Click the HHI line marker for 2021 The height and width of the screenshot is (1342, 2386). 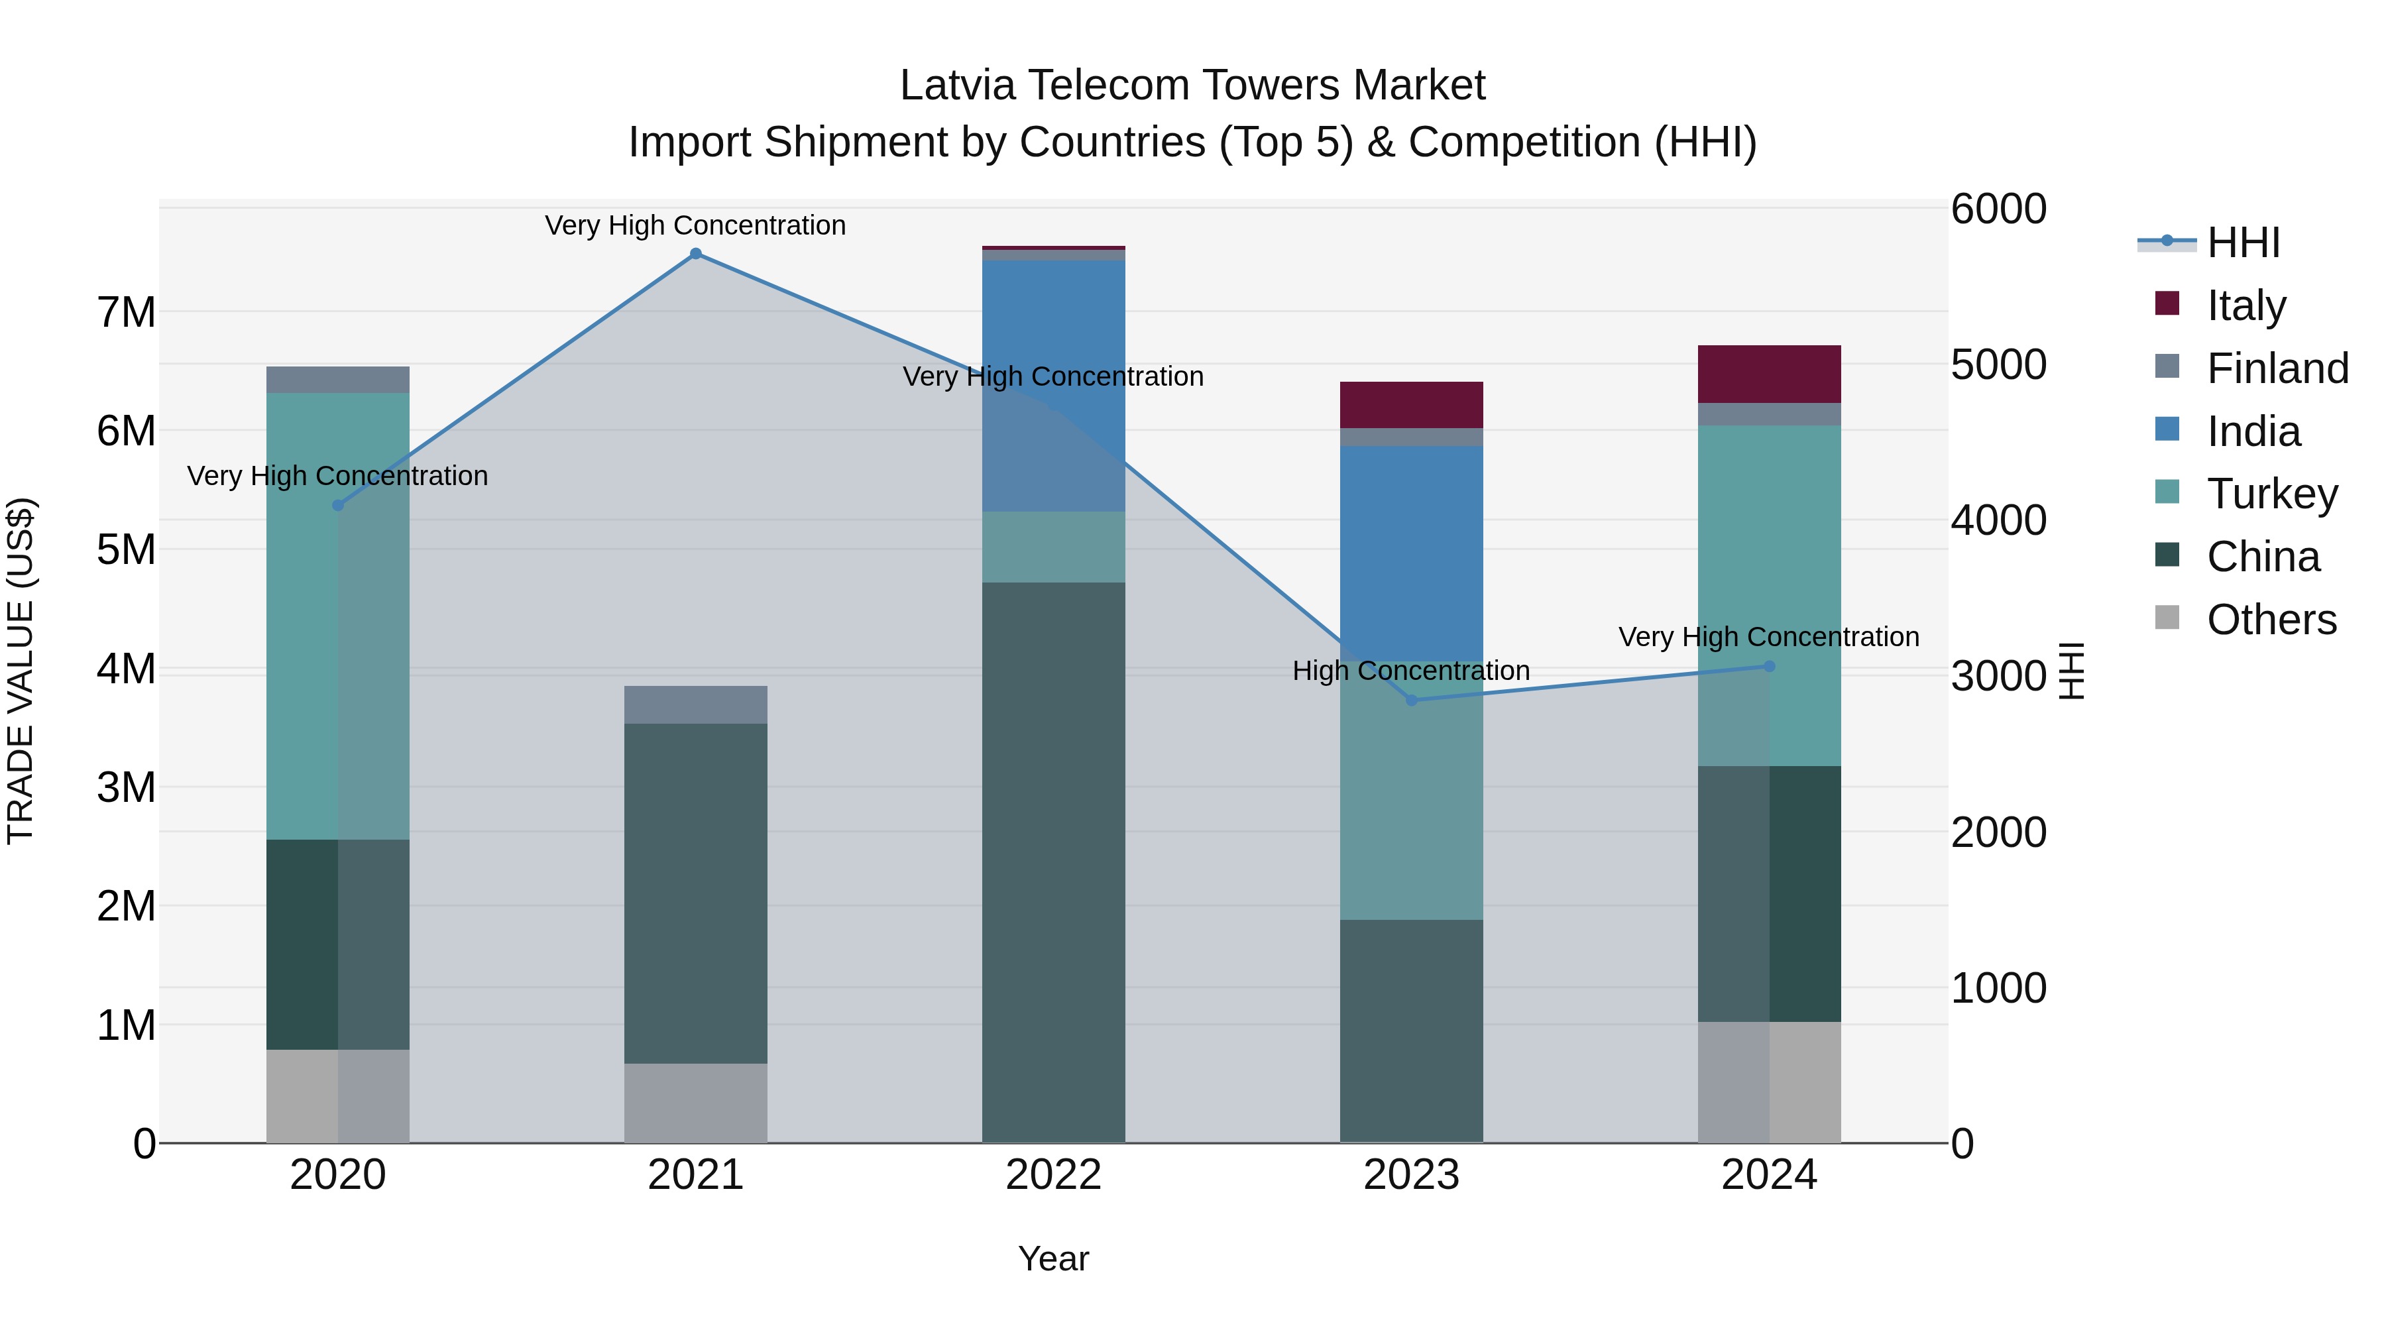696,254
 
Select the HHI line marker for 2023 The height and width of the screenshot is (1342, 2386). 1412,700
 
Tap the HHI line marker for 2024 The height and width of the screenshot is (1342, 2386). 1769,666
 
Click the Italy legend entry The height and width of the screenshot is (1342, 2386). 2245,305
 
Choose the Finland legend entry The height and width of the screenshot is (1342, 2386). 2277,368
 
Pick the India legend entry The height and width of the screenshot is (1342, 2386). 2253,431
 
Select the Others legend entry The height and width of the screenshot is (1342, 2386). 2271,619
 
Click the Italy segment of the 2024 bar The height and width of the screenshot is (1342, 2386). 1769,374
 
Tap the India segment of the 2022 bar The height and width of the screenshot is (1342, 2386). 1053,385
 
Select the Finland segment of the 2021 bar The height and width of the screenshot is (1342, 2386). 696,705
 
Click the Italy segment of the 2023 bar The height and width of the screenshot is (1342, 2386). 1412,405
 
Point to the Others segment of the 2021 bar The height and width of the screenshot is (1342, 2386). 696,1103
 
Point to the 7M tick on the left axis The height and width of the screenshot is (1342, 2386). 126,313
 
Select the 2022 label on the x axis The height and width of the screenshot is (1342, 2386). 1053,1175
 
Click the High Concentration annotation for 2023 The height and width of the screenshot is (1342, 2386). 1410,671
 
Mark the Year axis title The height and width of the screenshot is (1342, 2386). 1053,1258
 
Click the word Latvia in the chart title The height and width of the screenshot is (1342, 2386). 958,85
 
